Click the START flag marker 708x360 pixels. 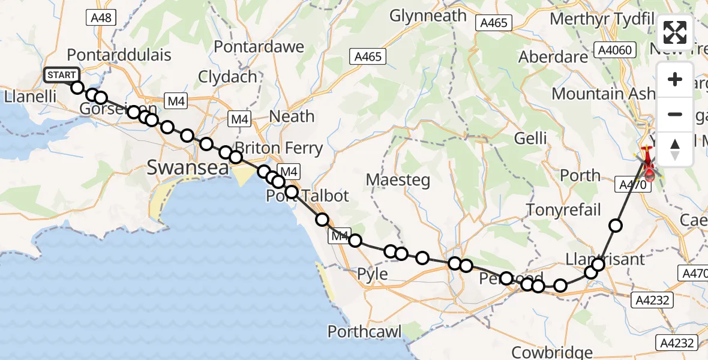pyautogui.click(x=61, y=75)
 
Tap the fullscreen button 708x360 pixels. pyautogui.click(x=675, y=32)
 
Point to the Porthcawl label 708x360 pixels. pyautogui.click(x=364, y=331)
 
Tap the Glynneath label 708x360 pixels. pyautogui.click(x=428, y=16)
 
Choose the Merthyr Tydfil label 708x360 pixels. pyautogui.click(x=601, y=19)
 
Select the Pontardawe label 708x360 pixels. pyautogui.click(x=251, y=46)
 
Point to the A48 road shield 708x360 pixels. pyautogui.click(x=100, y=18)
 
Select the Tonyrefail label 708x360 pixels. pyautogui.click(x=563, y=209)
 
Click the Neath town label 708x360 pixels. pyautogui.click(x=293, y=116)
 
